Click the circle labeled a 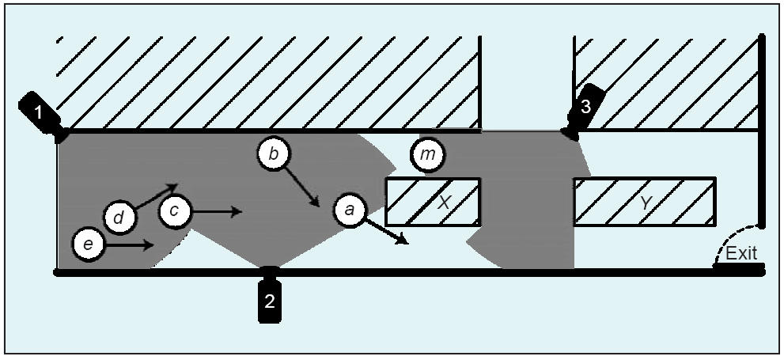tap(350, 209)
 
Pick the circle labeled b tap(273, 154)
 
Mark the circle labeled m tap(428, 155)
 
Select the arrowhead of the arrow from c tap(237, 211)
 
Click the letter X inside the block tap(445, 203)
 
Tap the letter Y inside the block tap(646, 203)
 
